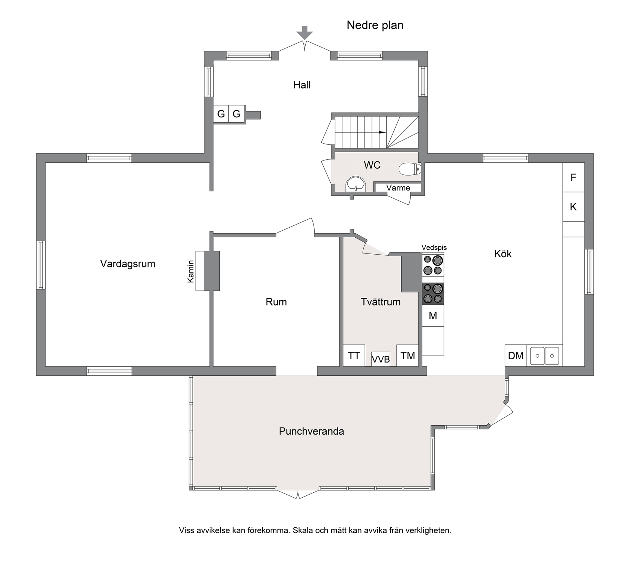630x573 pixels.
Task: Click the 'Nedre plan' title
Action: pyautogui.click(x=375, y=25)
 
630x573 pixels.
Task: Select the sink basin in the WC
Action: pyautogui.click(x=355, y=184)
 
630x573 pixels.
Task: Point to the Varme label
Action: pyautogui.click(x=398, y=187)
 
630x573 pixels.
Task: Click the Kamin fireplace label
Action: pyautogui.click(x=191, y=271)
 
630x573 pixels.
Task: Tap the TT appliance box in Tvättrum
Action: pyautogui.click(x=354, y=355)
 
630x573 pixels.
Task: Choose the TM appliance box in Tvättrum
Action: pyautogui.click(x=408, y=355)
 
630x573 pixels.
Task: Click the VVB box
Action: pyautogui.click(x=381, y=359)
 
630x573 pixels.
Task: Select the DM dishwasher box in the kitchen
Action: pyautogui.click(x=516, y=355)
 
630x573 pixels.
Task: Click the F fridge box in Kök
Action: pyautogui.click(x=573, y=177)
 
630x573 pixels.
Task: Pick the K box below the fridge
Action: pyautogui.click(x=573, y=207)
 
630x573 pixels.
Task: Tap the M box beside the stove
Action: pyautogui.click(x=433, y=316)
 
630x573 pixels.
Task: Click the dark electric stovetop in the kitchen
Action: pyautogui.click(x=433, y=294)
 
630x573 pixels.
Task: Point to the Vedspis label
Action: pyautogui.click(x=434, y=247)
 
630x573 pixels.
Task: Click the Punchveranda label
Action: pyautogui.click(x=311, y=431)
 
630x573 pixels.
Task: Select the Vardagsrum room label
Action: pyautogui.click(x=127, y=264)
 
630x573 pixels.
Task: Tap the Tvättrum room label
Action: pyautogui.click(x=381, y=302)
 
